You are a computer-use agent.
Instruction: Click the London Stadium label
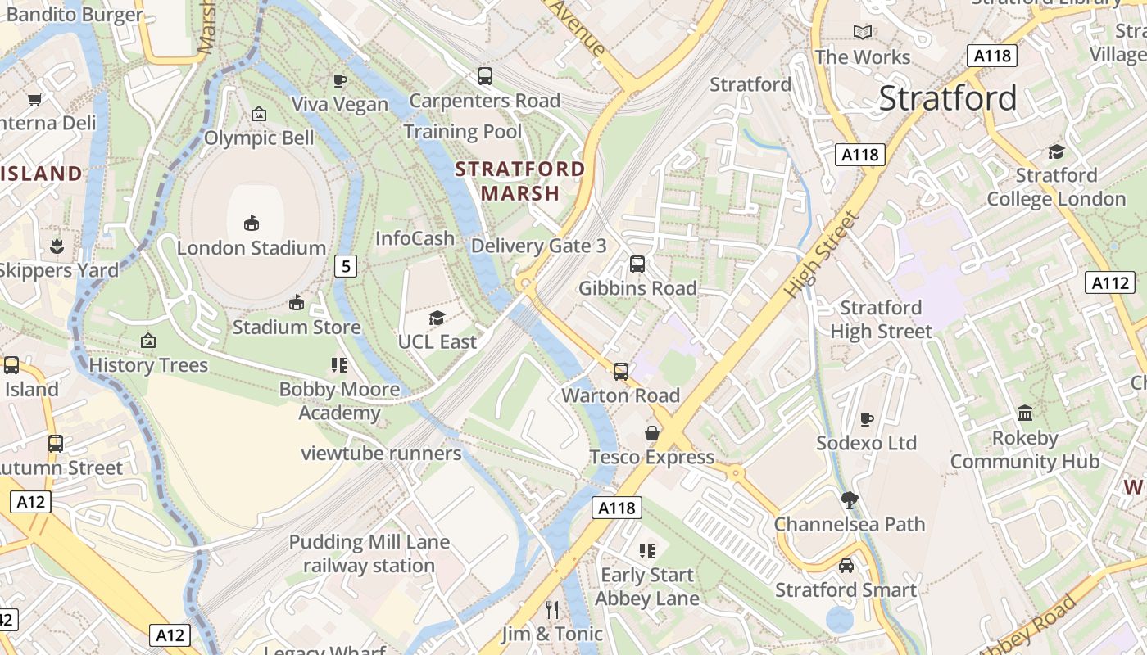click(x=252, y=247)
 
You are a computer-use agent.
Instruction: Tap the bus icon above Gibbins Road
click(x=637, y=264)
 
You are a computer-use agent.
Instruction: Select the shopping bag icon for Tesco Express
click(x=652, y=433)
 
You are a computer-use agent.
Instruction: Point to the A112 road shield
click(x=1110, y=283)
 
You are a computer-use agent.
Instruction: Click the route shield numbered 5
click(x=347, y=265)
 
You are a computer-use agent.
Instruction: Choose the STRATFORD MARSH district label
click(x=520, y=181)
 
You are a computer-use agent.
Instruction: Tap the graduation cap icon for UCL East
click(x=437, y=318)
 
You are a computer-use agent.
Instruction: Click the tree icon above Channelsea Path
click(x=850, y=499)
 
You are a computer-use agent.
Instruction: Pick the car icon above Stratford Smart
click(x=846, y=566)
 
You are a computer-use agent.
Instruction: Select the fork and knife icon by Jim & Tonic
click(x=552, y=610)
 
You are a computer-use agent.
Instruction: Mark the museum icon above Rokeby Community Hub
click(x=1025, y=413)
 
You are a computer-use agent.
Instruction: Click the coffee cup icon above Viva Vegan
click(x=340, y=79)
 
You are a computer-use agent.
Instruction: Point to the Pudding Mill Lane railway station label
click(x=369, y=553)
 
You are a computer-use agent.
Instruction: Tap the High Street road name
click(x=822, y=254)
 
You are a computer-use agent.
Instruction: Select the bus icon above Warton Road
click(x=621, y=372)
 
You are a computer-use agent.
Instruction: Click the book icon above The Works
click(x=862, y=32)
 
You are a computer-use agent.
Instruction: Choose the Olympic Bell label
click(x=259, y=138)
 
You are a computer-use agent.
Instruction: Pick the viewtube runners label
click(x=381, y=453)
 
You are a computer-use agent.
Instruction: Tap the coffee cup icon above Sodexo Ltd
click(x=867, y=419)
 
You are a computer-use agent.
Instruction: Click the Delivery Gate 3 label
click(x=539, y=246)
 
